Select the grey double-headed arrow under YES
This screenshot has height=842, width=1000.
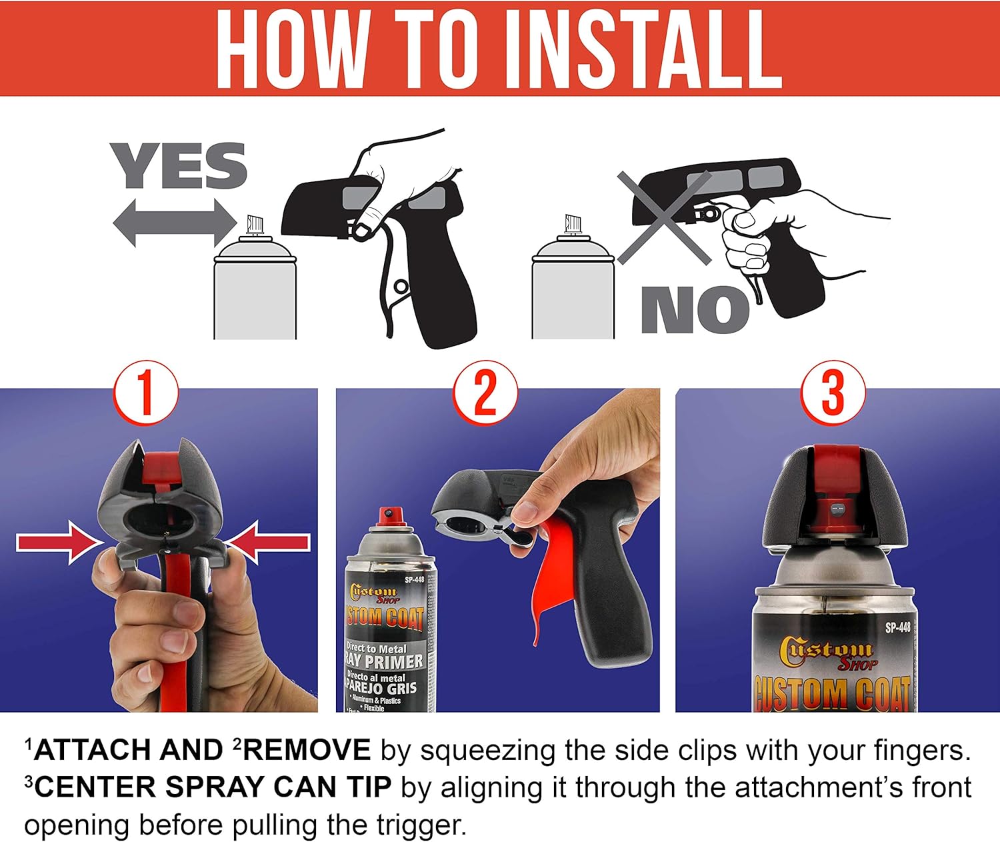(x=175, y=223)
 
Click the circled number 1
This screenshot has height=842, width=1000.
(x=146, y=393)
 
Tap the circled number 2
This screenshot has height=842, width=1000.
(x=485, y=393)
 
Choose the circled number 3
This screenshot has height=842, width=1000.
(x=833, y=393)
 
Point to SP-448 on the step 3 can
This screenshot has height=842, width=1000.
(x=897, y=627)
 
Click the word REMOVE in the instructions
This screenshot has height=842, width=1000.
(x=307, y=750)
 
